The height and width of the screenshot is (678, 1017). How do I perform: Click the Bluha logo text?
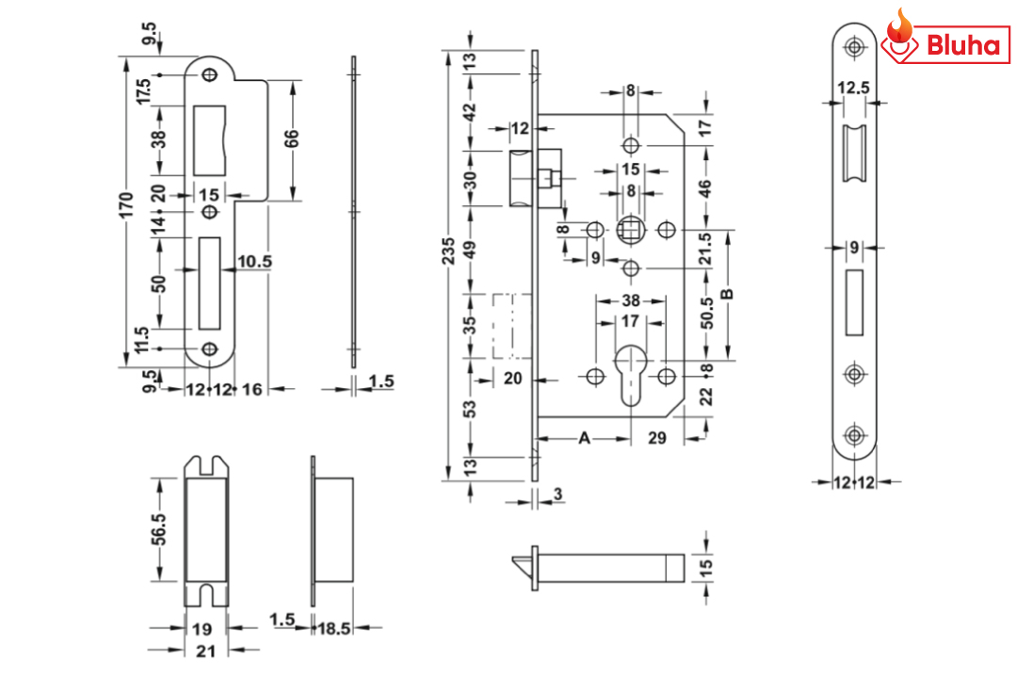tap(961, 44)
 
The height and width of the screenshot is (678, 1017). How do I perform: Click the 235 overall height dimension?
tap(450, 254)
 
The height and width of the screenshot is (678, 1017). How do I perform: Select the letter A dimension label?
tap(584, 438)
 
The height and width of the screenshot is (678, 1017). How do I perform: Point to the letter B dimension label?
tap(727, 294)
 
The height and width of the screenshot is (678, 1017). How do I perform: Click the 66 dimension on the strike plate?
tap(293, 137)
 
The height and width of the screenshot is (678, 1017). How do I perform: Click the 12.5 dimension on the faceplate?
tap(853, 89)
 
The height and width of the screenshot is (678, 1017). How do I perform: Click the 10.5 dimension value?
tap(254, 261)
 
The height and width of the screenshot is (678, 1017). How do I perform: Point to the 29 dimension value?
tap(658, 438)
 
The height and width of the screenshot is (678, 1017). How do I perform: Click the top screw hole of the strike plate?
tap(209, 74)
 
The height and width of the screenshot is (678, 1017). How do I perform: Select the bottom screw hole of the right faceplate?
tap(854, 435)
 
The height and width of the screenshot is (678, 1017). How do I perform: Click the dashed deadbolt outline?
tap(511, 325)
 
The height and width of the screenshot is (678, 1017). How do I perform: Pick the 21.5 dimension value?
tap(708, 249)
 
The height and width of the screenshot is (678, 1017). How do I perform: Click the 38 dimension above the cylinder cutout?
tap(630, 301)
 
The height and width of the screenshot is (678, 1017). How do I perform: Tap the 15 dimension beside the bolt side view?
tap(707, 567)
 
